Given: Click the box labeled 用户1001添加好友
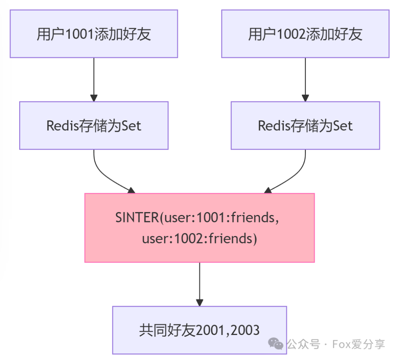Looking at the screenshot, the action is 94,34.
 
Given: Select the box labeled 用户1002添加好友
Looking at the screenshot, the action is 306,34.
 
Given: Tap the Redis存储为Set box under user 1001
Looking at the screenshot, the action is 94,126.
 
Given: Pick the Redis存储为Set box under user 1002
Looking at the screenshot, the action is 306,126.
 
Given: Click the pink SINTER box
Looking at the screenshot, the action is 199,227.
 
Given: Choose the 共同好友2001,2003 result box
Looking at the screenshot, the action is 199,330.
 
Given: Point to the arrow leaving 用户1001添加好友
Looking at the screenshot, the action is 94,80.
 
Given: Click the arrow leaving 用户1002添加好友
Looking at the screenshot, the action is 306,80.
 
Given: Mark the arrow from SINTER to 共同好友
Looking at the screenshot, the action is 199,284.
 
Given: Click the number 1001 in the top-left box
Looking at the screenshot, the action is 80,34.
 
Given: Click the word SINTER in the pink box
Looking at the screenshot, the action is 137,218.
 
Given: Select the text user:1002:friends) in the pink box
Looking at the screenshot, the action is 199,239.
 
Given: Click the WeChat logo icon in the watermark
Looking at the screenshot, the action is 276,343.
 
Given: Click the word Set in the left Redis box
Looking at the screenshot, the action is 131,126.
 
